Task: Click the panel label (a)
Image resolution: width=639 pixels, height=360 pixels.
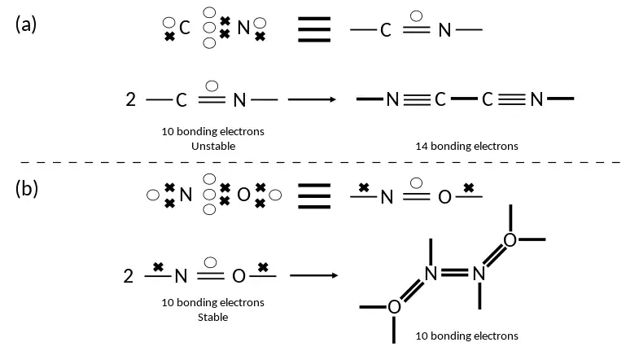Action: (x=26, y=24)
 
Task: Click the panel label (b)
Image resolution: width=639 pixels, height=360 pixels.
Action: (x=26, y=189)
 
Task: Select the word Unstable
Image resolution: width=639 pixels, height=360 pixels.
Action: (x=213, y=146)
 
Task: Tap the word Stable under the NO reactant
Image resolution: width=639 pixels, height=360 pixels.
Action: (x=213, y=317)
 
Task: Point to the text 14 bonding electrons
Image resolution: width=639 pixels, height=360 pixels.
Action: (x=466, y=146)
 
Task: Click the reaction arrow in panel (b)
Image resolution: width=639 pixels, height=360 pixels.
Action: (x=313, y=274)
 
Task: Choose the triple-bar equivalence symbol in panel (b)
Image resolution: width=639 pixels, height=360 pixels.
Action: (x=313, y=195)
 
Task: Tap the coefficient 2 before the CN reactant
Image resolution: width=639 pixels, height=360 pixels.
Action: (x=130, y=100)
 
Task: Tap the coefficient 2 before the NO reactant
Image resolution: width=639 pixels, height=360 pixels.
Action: (x=129, y=275)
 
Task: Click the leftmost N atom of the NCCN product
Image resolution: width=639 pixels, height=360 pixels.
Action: (x=392, y=100)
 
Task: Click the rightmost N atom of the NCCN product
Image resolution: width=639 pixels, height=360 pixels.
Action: (x=536, y=100)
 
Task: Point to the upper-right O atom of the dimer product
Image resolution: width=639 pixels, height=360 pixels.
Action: (x=510, y=239)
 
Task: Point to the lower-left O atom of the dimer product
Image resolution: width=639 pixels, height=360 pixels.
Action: (x=394, y=306)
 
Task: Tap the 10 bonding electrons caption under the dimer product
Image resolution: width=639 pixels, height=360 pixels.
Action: (x=466, y=335)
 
